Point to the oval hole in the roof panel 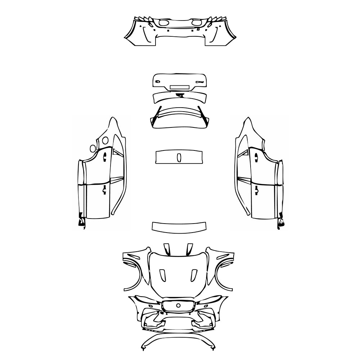coord(179,157)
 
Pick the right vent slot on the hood coord(195,275)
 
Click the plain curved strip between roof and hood coord(179,226)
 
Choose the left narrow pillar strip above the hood coord(167,249)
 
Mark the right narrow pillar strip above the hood coord(189,249)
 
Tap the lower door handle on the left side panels coord(104,189)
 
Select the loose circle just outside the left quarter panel coord(93,148)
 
